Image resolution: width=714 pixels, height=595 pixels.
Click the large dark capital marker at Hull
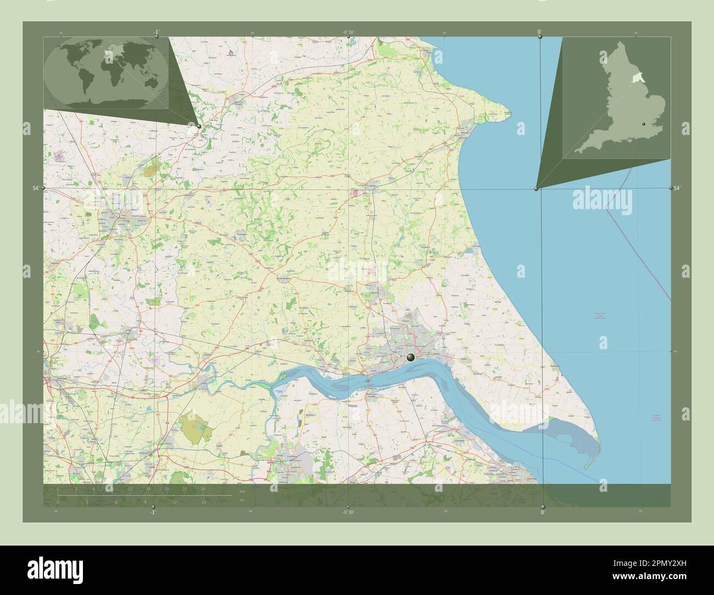[410, 358]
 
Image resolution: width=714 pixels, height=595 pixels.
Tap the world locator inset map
[106, 73]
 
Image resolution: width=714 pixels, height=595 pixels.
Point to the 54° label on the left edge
[36, 188]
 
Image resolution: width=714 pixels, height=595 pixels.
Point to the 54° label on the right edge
[677, 188]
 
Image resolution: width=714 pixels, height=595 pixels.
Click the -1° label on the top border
[157, 32]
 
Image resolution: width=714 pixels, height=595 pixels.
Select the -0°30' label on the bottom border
[348, 512]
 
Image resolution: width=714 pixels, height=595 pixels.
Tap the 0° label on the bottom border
[543, 512]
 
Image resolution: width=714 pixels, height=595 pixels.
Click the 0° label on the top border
[540, 32]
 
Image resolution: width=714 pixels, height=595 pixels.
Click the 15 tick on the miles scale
[204, 502]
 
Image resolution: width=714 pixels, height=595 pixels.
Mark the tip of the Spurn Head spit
[585, 468]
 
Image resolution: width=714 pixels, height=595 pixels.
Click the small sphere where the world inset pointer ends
[199, 126]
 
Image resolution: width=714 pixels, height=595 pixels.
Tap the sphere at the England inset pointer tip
[536, 189]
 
